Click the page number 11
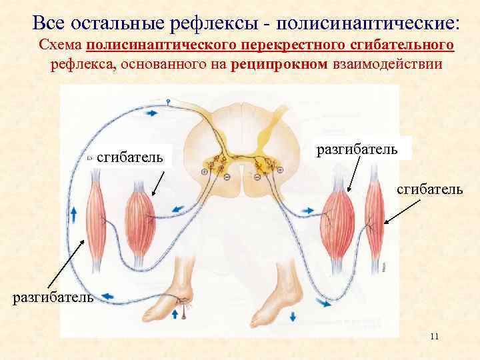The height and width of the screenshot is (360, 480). point(434,337)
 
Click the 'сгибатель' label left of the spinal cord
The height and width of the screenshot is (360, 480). point(130,157)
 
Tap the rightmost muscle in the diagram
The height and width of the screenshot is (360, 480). point(374,213)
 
